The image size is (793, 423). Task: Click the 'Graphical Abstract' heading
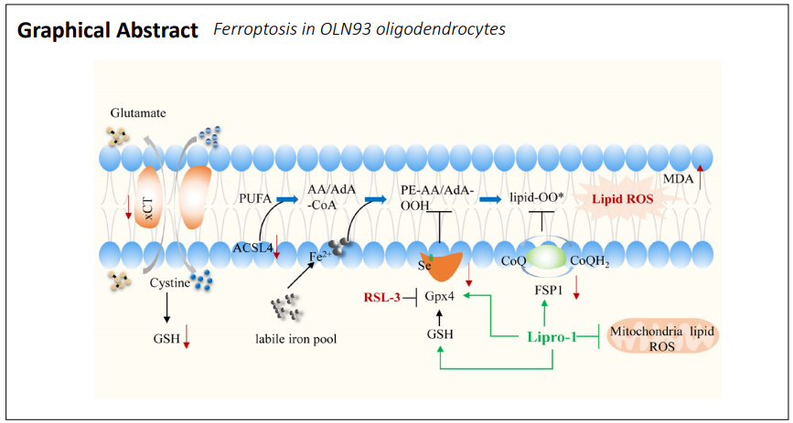click(x=108, y=30)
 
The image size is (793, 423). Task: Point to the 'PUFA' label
click(x=253, y=197)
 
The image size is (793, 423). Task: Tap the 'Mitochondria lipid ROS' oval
click(x=664, y=337)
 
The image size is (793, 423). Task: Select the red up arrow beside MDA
click(x=701, y=174)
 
